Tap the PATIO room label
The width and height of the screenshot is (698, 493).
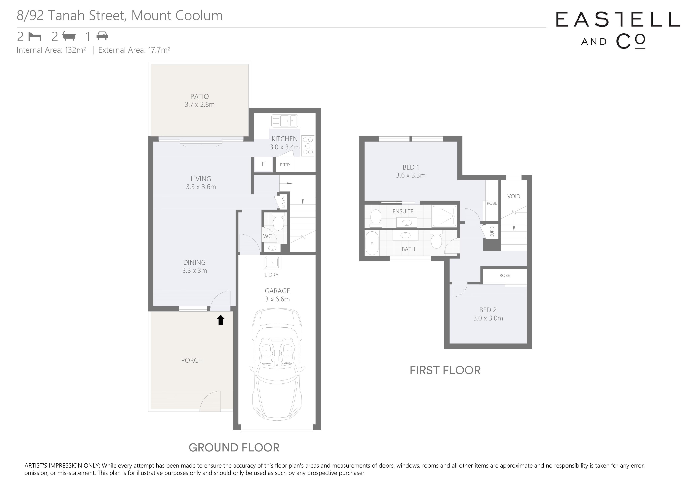(x=199, y=97)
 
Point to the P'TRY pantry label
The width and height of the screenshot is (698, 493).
(x=285, y=165)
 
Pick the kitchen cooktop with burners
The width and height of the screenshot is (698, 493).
(x=308, y=146)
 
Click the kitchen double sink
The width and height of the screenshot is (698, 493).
(x=285, y=121)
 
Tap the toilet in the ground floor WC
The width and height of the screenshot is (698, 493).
(x=278, y=222)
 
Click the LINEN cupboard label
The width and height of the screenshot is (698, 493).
(x=283, y=202)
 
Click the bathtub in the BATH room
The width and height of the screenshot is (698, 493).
(x=372, y=243)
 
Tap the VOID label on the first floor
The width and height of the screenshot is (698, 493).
(x=514, y=196)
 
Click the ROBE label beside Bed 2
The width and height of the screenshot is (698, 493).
(x=505, y=276)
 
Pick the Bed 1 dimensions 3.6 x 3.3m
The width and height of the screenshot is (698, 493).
(x=411, y=175)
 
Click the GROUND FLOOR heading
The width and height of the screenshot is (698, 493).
(x=234, y=447)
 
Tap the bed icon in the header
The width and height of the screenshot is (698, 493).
(x=35, y=37)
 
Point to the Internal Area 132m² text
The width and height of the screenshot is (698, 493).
(x=51, y=50)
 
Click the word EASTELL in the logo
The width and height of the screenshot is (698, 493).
(x=618, y=19)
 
